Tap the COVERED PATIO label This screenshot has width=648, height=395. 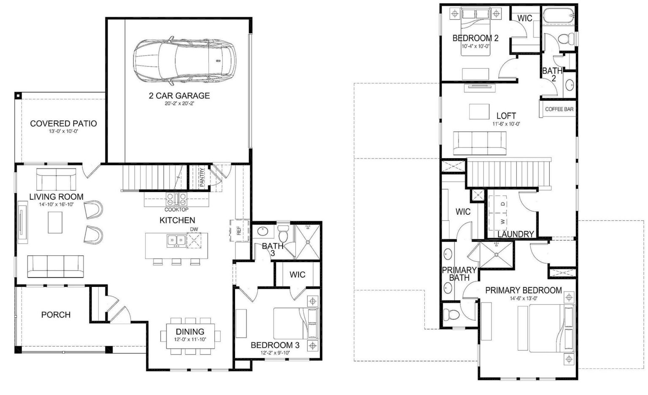click(63, 124)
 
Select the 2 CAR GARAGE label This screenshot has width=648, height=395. click(179, 96)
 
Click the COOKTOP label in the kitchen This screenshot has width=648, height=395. click(176, 210)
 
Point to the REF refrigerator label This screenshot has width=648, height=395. click(239, 231)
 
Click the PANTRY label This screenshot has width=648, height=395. click(202, 177)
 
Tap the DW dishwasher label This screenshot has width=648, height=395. click(194, 230)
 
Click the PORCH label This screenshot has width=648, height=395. click(56, 315)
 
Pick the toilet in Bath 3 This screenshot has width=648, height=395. click(283, 233)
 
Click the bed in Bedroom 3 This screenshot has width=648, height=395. click(295, 324)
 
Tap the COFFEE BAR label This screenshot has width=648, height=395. click(559, 109)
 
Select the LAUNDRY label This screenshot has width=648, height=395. click(516, 234)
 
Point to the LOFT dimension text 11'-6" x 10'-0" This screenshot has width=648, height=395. click(506, 124)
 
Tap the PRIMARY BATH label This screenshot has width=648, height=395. click(459, 274)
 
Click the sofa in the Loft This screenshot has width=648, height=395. click(480, 143)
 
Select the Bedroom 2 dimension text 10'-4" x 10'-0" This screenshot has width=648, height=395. click(475, 46)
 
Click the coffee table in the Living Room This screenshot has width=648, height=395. click(55, 222)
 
